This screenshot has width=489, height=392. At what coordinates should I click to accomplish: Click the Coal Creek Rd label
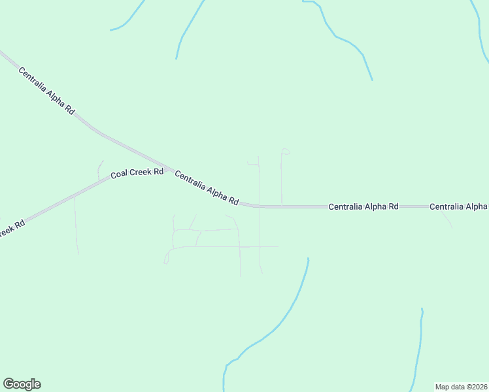click(x=137, y=173)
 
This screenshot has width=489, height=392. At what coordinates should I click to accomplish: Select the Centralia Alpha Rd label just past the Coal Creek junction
click(x=207, y=188)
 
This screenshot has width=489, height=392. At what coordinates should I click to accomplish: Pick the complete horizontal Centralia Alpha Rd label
click(x=363, y=206)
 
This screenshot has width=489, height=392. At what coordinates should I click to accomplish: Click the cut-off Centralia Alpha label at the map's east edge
click(x=458, y=206)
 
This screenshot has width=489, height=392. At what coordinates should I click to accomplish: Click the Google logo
click(x=22, y=384)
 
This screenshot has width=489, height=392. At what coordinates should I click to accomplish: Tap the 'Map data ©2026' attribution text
click(x=461, y=387)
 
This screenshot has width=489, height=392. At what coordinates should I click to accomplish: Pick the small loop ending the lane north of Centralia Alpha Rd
click(x=284, y=152)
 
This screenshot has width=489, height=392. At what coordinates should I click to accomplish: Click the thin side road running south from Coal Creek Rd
click(x=76, y=225)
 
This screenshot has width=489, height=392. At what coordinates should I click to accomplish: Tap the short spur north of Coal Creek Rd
click(x=99, y=170)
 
